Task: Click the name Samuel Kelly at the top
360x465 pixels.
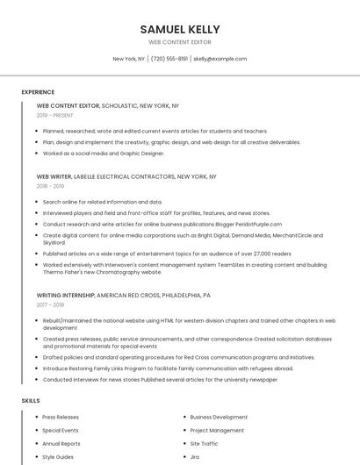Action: click(x=179, y=29)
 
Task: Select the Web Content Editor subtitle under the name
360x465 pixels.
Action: click(x=179, y=42)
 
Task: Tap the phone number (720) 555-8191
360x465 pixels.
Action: click(x=169, y=59)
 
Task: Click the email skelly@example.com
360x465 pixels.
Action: click(x=220, y=59)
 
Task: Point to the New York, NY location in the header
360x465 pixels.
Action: click(x=129, y=59)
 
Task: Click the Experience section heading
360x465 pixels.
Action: click(x=38, y=92)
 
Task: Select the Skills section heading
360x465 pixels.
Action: click(x=31, y=401)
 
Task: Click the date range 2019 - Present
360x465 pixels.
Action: click(x=54, y=115)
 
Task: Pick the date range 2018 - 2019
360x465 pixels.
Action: click(x=50, y=186)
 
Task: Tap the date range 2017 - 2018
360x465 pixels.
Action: click(x=50, y=305)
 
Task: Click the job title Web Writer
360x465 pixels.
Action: click(x=55, y=176)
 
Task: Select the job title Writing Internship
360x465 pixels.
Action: click(x=66, y=296)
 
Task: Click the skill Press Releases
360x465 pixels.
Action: click(x=61, y=418)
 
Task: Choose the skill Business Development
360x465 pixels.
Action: click(x=219, y=418)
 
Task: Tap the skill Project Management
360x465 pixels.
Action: click(x=217, y=431)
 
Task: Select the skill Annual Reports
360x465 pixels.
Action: click(x=61, y=444)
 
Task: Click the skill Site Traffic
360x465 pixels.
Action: click(x=205, y=444)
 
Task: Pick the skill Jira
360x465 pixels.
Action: click(x=195, y=457)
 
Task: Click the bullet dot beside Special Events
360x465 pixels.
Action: click(x=34, y=431)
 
